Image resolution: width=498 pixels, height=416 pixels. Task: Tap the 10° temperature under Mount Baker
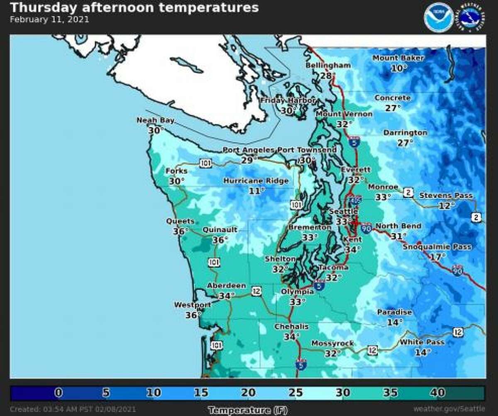click(x=398, y=68)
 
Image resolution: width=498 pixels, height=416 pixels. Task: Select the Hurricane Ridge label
click(x=256, y=181)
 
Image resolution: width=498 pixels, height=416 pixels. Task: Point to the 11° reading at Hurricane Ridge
click(x=256, y=191)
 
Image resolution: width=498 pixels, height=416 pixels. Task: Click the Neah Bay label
click(x=155, y=120)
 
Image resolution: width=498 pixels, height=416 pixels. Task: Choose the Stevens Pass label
click(x=445, y=195)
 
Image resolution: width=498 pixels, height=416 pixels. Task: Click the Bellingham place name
click(x=328, y=66)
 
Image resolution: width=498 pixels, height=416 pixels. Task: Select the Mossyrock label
click(x=332, y=343)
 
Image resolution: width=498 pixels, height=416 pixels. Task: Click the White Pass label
click(x=422, y=342)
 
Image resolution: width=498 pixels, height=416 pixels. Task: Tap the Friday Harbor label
click(x=288, y=101)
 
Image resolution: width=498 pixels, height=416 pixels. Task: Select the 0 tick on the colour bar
click(x=58, y=392)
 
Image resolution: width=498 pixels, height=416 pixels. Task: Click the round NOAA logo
click(x=439, y=17)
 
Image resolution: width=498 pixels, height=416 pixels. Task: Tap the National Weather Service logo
click(x=471, y=17)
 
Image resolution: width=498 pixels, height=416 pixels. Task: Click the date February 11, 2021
click(x=49, y=19)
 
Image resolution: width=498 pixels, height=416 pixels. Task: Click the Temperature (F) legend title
click(x=247, y=410)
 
